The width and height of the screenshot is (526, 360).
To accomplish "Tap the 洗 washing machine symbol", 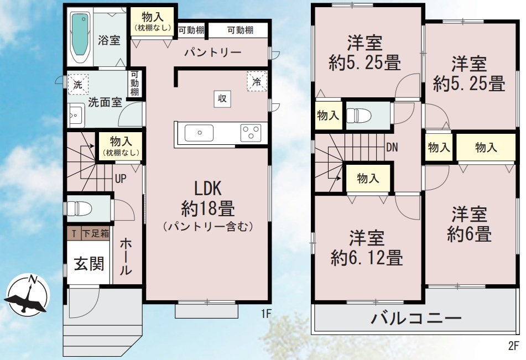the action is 78,85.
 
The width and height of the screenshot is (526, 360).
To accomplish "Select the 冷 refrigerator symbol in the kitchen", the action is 257,81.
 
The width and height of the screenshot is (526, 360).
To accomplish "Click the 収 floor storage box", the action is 222,99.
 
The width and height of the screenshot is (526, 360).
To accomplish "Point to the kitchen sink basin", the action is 199,133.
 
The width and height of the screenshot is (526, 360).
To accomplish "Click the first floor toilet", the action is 79,208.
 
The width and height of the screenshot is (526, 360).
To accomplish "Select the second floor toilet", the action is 359,116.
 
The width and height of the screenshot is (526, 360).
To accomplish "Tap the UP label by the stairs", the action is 121,179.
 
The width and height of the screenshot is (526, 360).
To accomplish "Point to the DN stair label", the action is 392,147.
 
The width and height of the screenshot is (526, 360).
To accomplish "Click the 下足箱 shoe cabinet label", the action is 96,233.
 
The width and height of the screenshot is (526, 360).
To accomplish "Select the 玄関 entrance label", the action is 89,264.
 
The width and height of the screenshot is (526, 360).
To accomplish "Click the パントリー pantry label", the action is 213,53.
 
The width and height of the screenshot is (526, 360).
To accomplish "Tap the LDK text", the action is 208,189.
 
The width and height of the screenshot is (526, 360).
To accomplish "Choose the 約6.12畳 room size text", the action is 367,258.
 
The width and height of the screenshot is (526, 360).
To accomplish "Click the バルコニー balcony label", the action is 416,318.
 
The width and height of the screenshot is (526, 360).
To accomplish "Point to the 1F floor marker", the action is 266,314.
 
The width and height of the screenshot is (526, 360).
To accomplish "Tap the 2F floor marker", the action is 514,346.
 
